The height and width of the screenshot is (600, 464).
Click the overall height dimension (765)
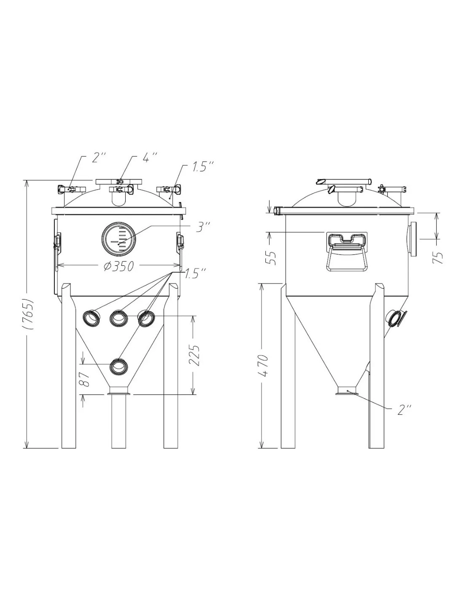28,314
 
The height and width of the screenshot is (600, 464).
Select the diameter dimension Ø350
119,266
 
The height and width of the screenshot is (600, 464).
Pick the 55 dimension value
272,257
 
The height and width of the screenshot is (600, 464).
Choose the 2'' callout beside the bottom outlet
404,410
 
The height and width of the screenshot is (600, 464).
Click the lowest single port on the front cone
119,366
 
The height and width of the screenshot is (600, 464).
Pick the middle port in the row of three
119,318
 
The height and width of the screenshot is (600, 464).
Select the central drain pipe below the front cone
119,422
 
